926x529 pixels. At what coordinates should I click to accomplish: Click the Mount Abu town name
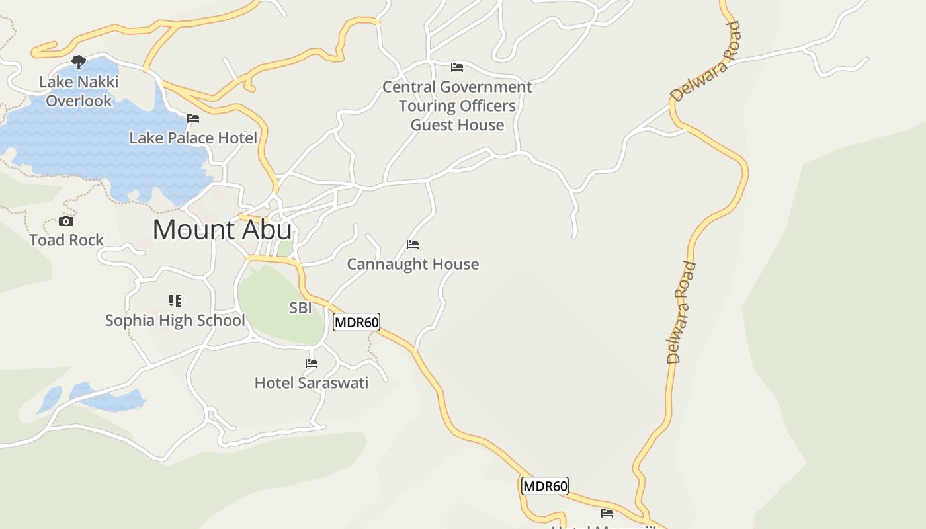tap(222, 229)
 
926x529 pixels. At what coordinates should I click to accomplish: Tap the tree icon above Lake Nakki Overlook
tap(79, 63)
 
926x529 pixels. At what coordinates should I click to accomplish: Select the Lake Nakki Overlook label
tap(79, 91)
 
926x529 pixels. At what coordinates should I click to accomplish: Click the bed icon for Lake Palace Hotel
tap(193, 118)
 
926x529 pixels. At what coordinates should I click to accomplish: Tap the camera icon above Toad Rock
tap(66, 221)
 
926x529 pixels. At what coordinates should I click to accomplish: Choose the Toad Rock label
tap(66, 240)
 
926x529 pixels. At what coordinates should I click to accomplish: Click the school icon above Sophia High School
tap(175, 301)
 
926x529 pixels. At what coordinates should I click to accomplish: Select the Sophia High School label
tap(175, 321)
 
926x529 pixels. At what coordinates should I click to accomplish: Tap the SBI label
tap(300, 307)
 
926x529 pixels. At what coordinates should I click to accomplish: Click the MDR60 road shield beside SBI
tap(357, 323)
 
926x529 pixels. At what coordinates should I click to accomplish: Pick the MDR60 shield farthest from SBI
tap(545, 487)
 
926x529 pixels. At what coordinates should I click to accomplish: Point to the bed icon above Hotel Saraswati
tap(312, 364)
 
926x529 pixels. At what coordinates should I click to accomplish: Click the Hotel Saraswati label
tap(312, 383)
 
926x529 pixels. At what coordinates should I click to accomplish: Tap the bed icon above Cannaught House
tap(413, 245)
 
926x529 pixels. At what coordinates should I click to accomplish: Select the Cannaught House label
tap(413, 264)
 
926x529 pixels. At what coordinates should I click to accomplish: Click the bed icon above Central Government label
tap(457, 67)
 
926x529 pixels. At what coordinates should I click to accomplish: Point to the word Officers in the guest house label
tap(485, 106)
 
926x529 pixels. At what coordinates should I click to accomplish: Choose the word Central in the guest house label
tap(409, 87)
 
